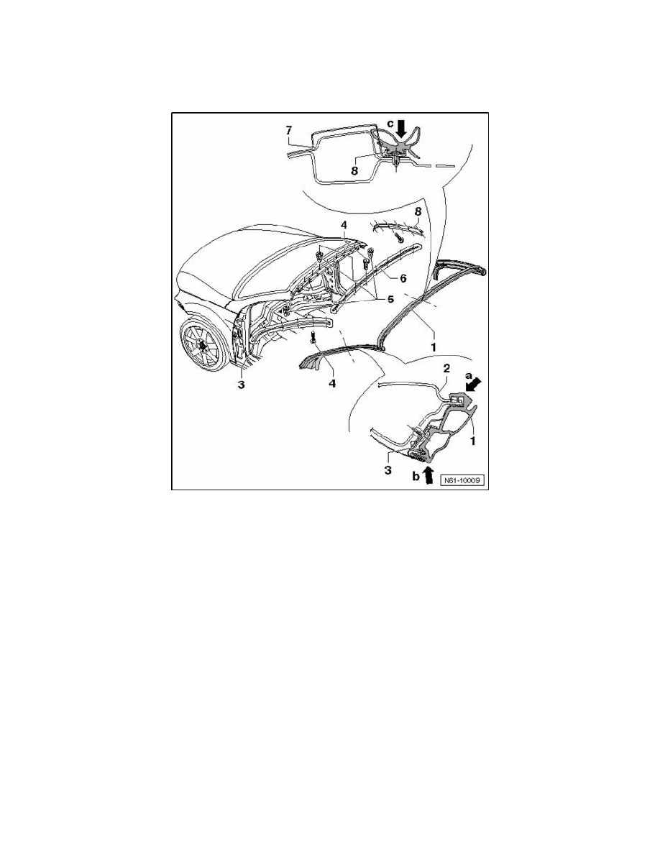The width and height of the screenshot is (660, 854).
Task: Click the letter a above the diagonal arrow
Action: [x=469, y=375]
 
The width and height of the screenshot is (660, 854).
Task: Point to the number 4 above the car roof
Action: [x=344, y=226]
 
